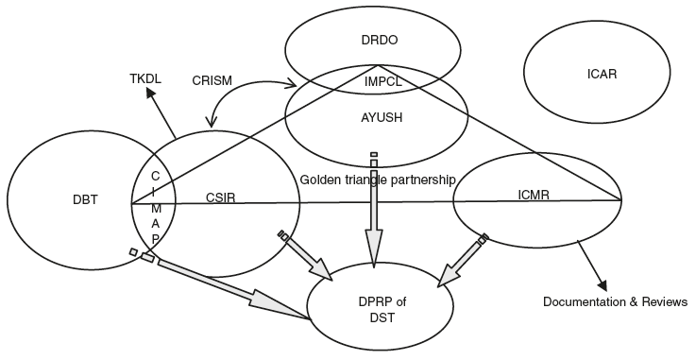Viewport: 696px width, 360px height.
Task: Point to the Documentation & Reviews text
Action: point(615,302)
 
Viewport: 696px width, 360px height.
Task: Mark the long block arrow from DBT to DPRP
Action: point(236,289)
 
